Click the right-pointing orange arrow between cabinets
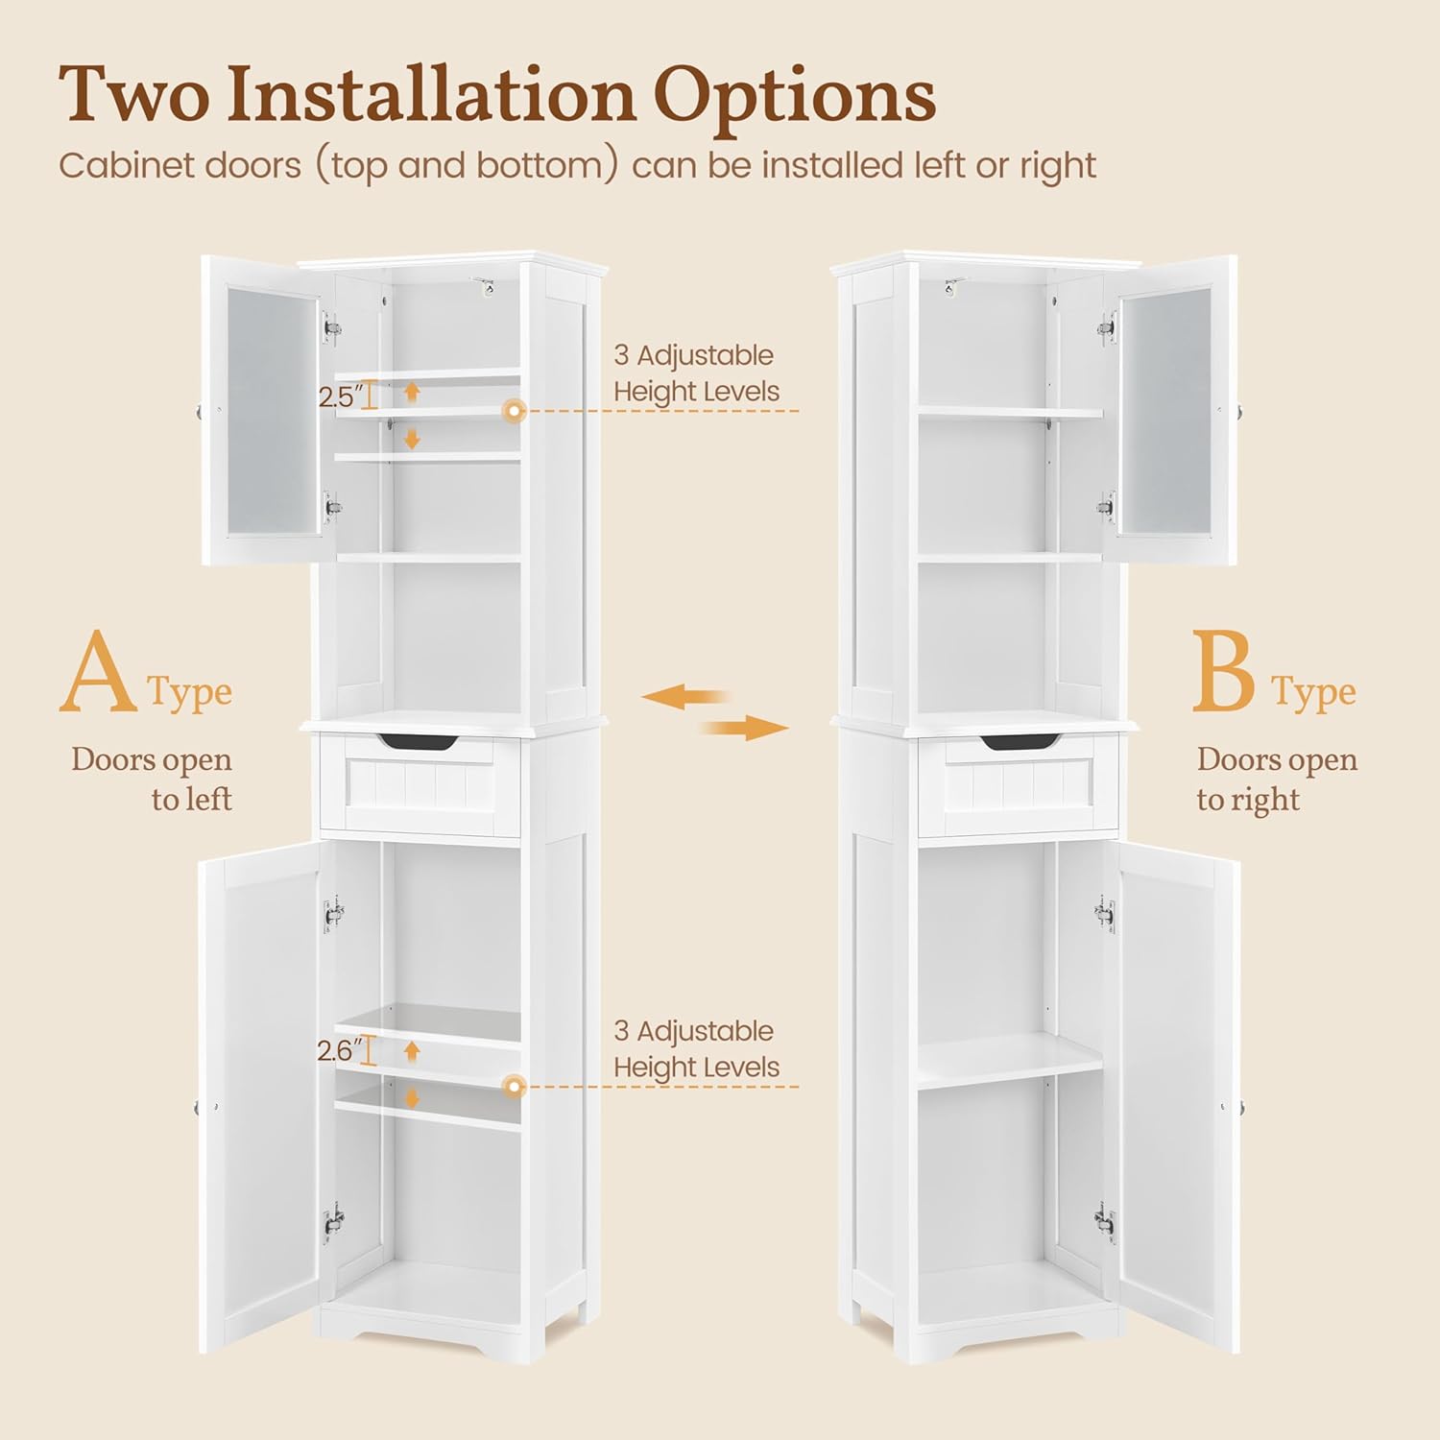(x=747, y=729)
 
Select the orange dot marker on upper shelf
(x=516, y=412)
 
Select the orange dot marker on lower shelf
(x=516, y=1087)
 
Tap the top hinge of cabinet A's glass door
(x=332, y=328)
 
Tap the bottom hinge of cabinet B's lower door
(x=1105, y=1222)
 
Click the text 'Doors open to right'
(x=1276, y=779)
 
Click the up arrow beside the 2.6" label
(x=412, y=1050)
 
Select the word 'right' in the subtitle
(x=1057, y=166)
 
